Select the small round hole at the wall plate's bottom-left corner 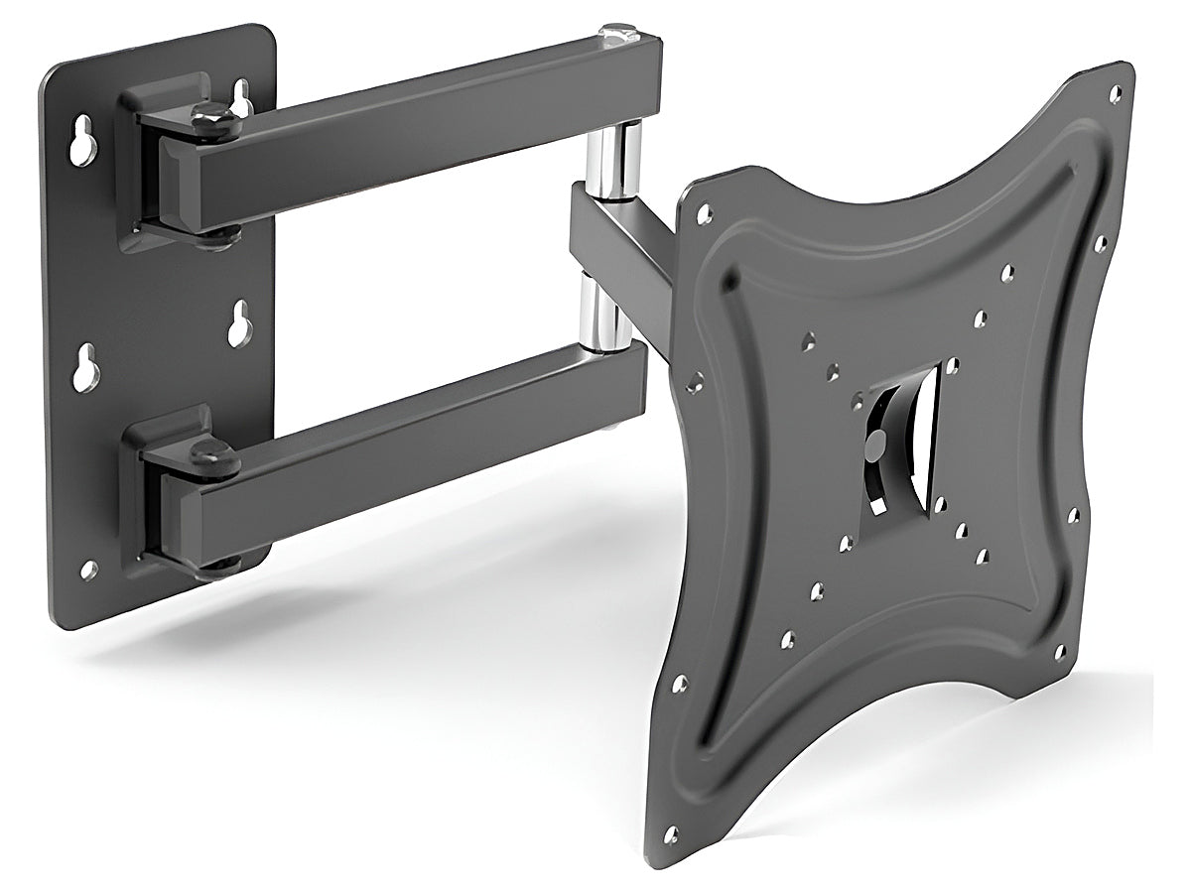(87, 570)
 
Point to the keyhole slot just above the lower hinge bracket (239, 324)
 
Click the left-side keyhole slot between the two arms (85, 368)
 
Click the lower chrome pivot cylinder (600, 318)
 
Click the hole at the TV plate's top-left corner (704, 212)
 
